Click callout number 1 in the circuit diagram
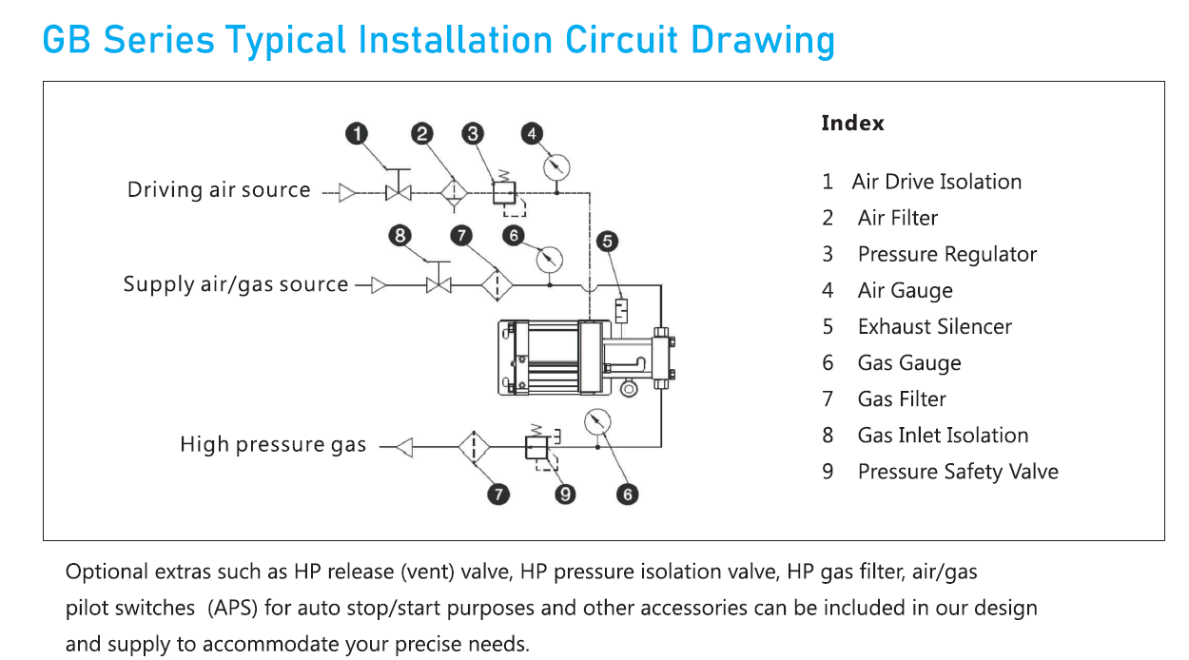[x=357, y=134]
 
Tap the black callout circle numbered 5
[x=608, y=242]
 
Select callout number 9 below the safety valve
[x=566, y=494]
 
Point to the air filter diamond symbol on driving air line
[x=454, y=193]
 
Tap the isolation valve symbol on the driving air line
[x=398, y=193]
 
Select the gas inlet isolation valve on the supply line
[x=439, y=283]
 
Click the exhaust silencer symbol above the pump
[x=620, y=310]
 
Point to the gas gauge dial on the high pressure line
[x=598, y=421]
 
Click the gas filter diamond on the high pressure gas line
[x=473, y=446]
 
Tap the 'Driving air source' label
[x=219, y=190]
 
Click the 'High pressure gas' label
[x=273, y=445]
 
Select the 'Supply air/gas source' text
[x=236, y=284]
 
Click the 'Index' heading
[x=852, y=124]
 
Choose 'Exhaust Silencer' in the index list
[x=934, y=327]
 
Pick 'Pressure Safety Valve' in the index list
[x=957, y=472]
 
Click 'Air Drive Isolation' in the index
[x=936, y=182]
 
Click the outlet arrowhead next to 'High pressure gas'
[x=403, y=446]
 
